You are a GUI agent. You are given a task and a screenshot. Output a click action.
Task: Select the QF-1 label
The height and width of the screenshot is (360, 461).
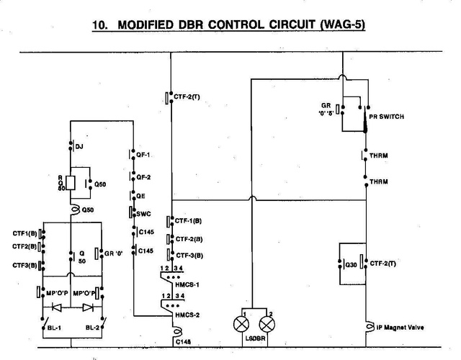point(143,154)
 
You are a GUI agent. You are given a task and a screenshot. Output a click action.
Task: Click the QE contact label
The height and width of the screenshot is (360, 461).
point(140,194)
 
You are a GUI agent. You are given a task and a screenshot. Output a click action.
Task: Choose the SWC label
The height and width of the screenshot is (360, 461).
point(143,212)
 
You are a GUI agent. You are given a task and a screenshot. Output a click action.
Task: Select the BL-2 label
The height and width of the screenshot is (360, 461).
point(92,328)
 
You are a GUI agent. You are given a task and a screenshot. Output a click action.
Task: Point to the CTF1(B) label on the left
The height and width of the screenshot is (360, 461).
point(25,233)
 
